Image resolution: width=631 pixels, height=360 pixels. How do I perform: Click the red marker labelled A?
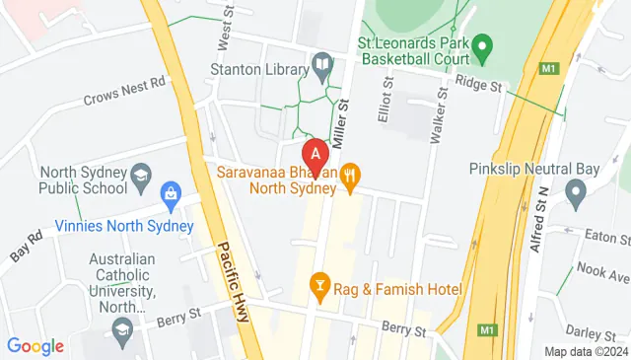point(315,155)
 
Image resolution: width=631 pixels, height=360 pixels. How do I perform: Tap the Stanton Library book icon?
point(321,66)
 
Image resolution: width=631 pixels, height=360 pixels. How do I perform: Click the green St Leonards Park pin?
point(481,46)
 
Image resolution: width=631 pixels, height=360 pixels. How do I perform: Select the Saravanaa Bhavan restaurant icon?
point(349,177)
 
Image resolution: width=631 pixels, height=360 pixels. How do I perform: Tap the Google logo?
point(35,346)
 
